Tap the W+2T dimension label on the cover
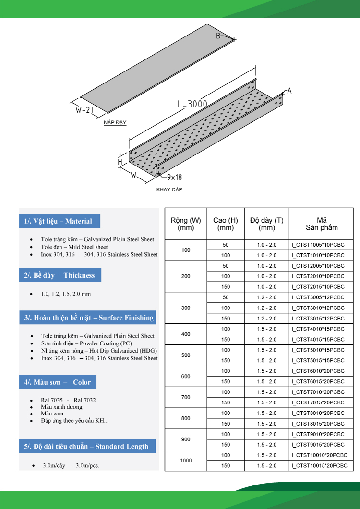click(84, 110)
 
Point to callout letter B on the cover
click(218, 36)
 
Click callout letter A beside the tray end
click(289, 91)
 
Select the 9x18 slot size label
click(174, 177)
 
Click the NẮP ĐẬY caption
click(115, 123)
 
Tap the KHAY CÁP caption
click(169, 189)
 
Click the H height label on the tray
click(120, 162)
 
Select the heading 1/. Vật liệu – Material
click(59, 221)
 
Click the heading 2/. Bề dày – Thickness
click(60, 275)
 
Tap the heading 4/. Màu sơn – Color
click(57, 382)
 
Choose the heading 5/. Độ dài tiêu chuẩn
click(86, 446)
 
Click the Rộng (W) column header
click(186, 224)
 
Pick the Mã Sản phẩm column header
click(322, 224)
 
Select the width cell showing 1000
click(186, 461)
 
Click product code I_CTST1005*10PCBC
click(318, 245)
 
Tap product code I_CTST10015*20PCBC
click(319, 466)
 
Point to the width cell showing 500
click(186, 355)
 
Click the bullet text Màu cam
click(52, 414)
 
